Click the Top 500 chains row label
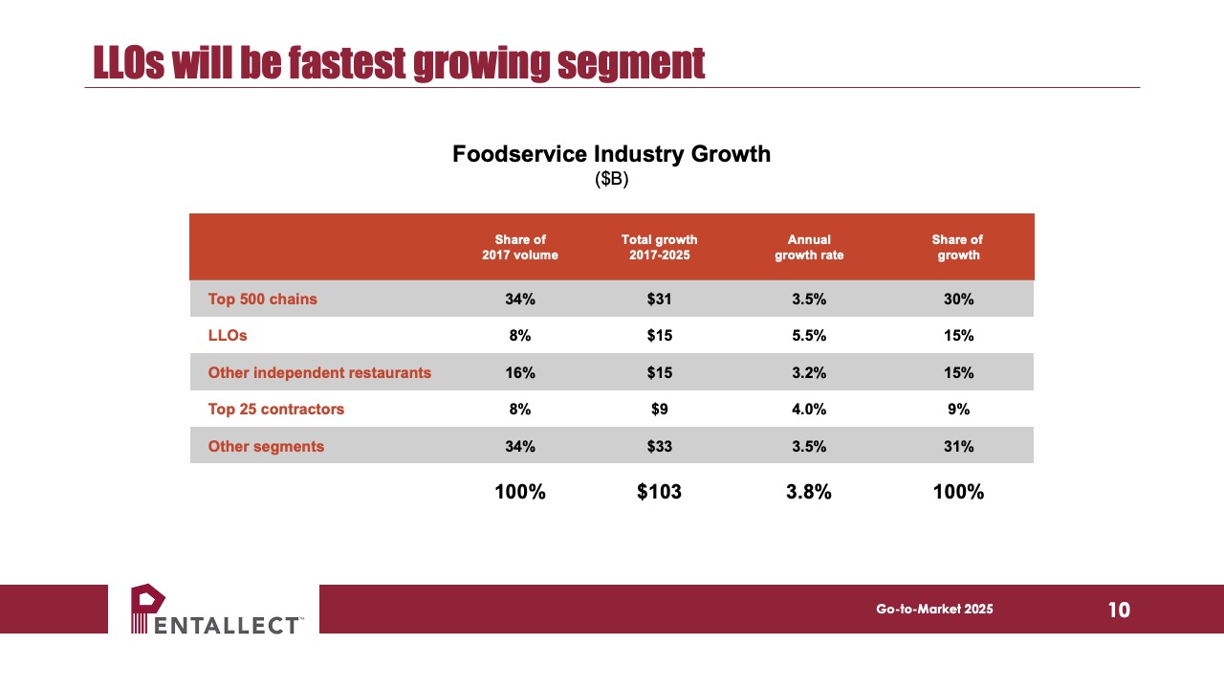point(262,300)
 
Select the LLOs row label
point(228,335)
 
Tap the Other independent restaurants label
point(319,373)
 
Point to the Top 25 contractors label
point(276,409)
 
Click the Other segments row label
point(266,446)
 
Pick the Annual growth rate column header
point(809,247)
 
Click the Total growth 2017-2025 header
point(659,247)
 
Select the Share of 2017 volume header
point(519,247)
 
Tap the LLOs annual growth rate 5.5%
point(809,335)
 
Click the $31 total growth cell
point(659,300)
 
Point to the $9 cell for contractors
point(659,409)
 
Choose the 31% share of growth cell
point(958,446)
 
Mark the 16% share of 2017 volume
point(519,373)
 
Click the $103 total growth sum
point(659,492)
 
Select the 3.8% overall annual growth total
point(809,492)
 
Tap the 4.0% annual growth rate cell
point(809,409)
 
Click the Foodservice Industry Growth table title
point(611,154)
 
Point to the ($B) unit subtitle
point(611,179)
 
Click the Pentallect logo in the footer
point(216,610)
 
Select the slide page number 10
point(1119,610)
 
